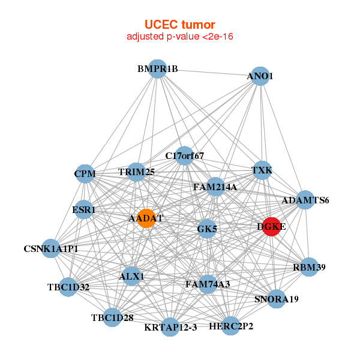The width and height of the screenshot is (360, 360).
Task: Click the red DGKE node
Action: [271, 227]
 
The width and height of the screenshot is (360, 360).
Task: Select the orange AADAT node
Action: [146, 218]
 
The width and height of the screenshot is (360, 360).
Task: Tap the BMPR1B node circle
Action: [157, 69]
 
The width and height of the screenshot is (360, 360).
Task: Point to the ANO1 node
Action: [260, 76]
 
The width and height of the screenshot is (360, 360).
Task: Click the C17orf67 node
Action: [184, 155]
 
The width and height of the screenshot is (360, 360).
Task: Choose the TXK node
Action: [262, 170]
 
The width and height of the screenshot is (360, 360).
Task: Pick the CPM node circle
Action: [85, 174]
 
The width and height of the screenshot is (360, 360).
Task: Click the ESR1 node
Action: [84, 209]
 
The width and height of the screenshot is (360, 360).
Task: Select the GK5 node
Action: [207, 229]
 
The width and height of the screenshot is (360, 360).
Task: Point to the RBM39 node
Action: [309, 267]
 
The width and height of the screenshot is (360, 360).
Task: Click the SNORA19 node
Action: [277, 299]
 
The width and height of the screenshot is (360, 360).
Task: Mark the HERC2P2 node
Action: [230, 326]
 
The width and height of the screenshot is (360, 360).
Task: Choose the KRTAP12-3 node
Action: [170, 327]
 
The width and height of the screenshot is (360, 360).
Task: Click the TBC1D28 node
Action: [112, 317]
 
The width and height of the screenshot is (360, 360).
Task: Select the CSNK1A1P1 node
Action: [51, 248]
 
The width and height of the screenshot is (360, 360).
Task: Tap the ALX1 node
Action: [131, 276]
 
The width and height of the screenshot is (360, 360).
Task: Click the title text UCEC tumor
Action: [180, 25]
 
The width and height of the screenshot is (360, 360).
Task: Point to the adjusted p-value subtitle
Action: [180, 37]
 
